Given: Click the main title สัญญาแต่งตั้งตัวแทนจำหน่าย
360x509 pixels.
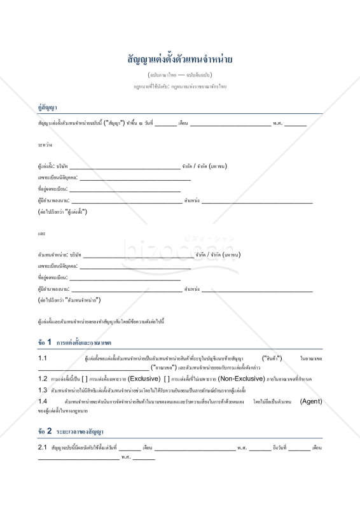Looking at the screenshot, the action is click(x=179, y=60).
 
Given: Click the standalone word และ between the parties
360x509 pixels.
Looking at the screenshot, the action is click(x=41, y=234).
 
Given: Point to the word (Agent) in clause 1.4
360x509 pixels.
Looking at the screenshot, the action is click(x=310, y=401).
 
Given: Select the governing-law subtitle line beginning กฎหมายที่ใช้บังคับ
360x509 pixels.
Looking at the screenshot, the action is click(x=179, y=86).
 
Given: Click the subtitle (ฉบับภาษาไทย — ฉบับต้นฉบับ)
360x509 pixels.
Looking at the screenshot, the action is click(x=179, y=75).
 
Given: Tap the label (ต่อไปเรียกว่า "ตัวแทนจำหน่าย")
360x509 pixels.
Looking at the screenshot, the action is click(x=70, y=299).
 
